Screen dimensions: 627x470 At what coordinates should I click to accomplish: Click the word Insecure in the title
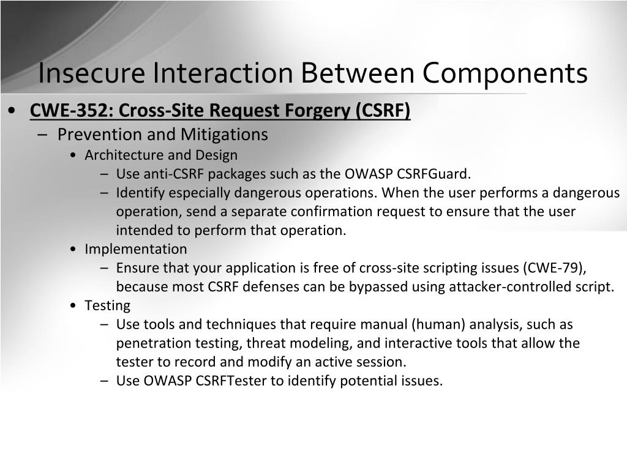[91, 73]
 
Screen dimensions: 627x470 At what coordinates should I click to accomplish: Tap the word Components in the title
[505, 73]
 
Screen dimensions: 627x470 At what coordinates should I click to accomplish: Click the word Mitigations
[224, 135]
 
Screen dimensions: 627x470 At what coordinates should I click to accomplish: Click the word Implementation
[135, 249]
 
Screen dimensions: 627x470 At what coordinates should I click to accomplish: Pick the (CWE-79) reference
[555, 268]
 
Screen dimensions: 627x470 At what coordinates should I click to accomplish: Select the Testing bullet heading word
[107, 306]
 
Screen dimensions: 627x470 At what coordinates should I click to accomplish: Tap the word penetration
[154, 343]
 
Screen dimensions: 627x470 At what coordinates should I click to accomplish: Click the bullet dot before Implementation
[72, 250]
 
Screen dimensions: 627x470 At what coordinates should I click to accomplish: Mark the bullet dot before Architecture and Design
[72, 155]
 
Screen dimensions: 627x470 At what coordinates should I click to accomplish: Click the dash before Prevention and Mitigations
[42, 135]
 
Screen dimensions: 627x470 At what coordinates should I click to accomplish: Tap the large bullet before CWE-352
[12, 111]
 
